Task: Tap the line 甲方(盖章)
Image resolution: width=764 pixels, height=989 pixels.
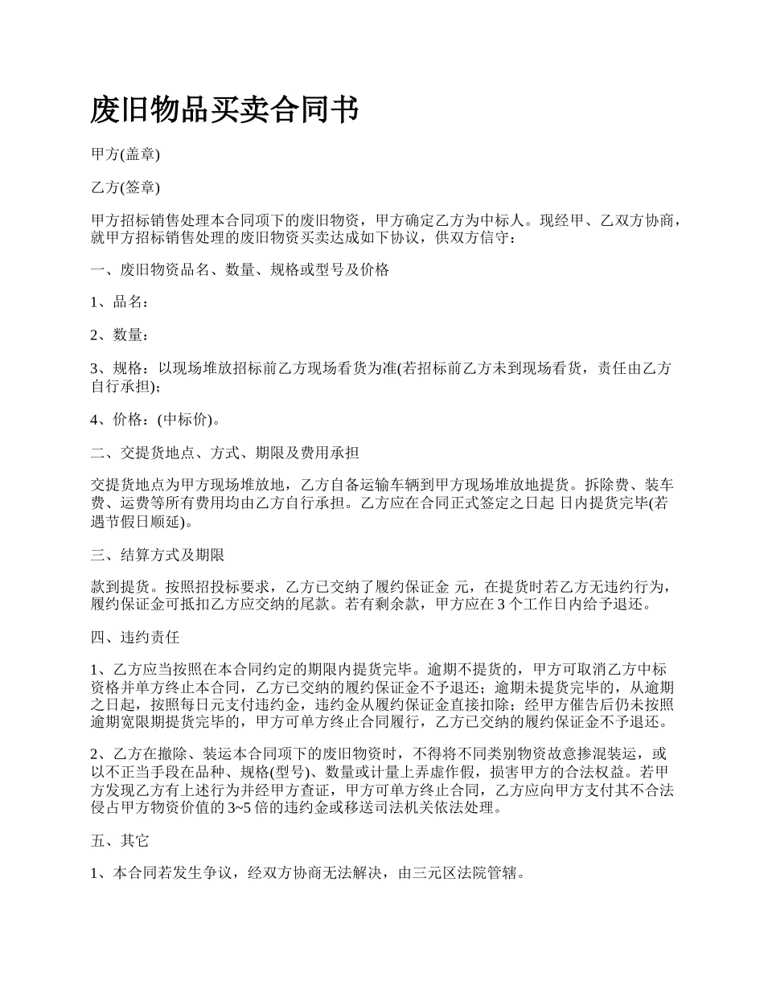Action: pos(125,155)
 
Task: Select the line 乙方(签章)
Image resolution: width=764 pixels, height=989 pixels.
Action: pos(125,188)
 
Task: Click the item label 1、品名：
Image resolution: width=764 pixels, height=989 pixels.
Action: pos(119,302)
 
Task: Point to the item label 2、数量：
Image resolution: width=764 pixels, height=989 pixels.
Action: pos(119,335)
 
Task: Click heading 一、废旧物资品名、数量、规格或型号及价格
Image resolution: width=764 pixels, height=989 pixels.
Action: pos(240,270)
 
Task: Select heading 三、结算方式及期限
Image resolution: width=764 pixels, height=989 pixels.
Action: pos(158,556)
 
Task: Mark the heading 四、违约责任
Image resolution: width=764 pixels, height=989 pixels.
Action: pos(135,638)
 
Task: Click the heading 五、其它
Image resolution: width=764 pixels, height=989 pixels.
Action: pos(120,841)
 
